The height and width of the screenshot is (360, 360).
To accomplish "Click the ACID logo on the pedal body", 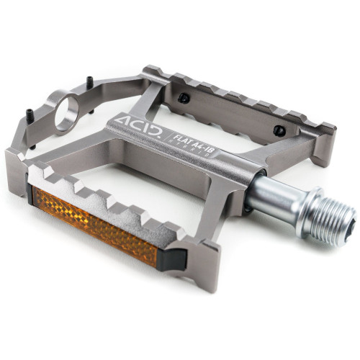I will tap(138, 124).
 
